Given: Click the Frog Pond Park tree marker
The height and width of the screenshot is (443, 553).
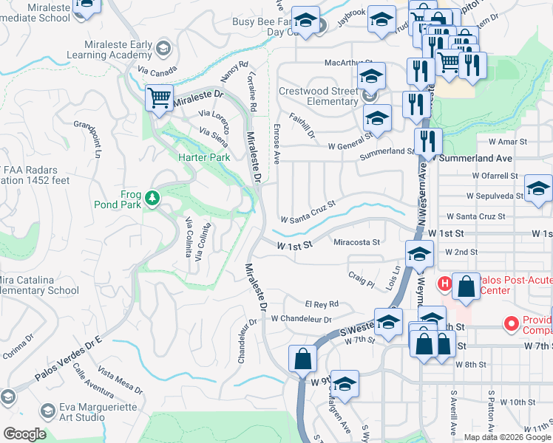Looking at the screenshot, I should pyautogui.click(x=152, y=197).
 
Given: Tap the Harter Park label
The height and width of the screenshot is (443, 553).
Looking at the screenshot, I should pyautogui.click(x=204, y=157).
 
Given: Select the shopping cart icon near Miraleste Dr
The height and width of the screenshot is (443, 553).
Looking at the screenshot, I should pyautogui.click(x=159, y=99).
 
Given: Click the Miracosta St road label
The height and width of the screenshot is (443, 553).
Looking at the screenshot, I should pyautogui.click(x=356, y=242).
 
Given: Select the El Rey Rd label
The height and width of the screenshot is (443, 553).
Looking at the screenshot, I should pyautogui.click(x=321, y=304).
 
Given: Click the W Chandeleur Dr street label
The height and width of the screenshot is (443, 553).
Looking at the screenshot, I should pyautogui.click(x=301, y=319).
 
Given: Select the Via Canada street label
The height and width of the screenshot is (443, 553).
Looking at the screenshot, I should pyautogui.click(x=157, y=71).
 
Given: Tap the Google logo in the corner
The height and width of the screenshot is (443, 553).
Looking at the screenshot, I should pyautogui.click(x=24, y=434).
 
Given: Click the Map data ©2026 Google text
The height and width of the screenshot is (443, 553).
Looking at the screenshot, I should pyautogui.click(x=507, y=437).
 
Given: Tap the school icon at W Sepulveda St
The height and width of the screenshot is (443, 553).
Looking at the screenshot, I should pyautogui.click(x=538, y=190).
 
